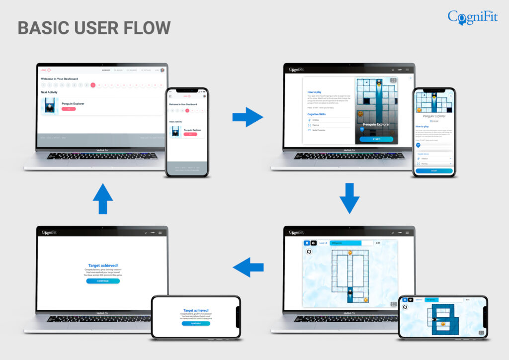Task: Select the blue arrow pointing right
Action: pyautogui.click(x=248, y=117)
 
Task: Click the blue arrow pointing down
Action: pyautogui.click(x=349, y=198)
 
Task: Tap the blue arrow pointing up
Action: pyautogui.click(x=103, y=198)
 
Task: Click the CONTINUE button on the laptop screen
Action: pyautogui.click(x=103, y=281)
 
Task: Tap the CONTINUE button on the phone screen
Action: pyautogui.click(x=195, y=323)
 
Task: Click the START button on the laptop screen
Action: pyautogui.click(x=376, y=139)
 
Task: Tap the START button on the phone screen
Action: pyautogui.click(x=434, y=171)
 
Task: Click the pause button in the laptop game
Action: pyautogui.click(x=307, y=243)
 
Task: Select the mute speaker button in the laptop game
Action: pyautogui.click(x=313, y=243)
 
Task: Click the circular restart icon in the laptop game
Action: pyautogui.click(x=309, y=252)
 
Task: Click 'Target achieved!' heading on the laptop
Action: pyautogui.click(x=103, y=266)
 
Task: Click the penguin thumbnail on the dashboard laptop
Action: pyautogui.click(x=49, y=105)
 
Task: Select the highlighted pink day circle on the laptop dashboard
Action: pyautogui.click(x=93, y=85)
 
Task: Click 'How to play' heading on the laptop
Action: pyautogui.click(x=314, y=92)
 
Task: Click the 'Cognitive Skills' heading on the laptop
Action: pyautogui.click(x=317, y=114)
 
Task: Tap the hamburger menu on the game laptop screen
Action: pyautogui.click(x=407, y=233)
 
